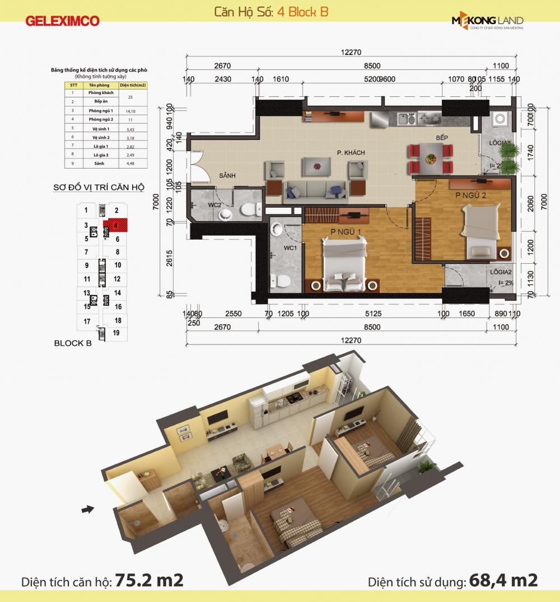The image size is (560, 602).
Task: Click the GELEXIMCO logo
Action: (x=62, y=21)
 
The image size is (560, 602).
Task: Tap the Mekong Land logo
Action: (x=487, y=22)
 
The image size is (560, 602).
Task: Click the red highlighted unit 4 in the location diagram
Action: (x=116, y=226)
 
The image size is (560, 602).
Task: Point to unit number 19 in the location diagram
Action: (x=116, y=333)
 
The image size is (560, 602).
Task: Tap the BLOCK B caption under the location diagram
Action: (x=73, y=343)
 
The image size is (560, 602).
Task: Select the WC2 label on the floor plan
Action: (x=216, y=206)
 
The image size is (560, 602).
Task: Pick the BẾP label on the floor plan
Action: (x=444, y=137)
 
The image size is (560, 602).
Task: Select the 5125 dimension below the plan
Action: (x=372, y=314)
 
